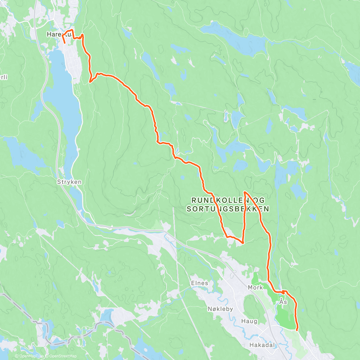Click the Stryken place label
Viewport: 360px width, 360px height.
[x=69, y=182]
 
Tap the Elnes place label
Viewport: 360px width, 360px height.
[x=199, y=283]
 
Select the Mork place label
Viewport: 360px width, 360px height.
[x=255, y=287]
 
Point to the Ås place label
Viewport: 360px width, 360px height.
[x=283, y=302]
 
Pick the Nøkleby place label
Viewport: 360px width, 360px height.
[x=220, y=309]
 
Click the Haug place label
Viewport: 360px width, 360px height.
[x=249, y=321]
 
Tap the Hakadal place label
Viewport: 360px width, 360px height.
[x=262, y=345]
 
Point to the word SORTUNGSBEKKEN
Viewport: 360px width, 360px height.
[x=228, y=209]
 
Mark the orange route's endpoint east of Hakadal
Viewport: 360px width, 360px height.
[x=297, y=330]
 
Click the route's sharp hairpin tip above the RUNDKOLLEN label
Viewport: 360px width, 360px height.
[x=245, y=192]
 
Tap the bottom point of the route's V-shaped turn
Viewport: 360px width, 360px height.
[x=242, y=242]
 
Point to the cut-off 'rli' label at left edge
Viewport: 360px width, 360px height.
[x=3, y=77]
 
